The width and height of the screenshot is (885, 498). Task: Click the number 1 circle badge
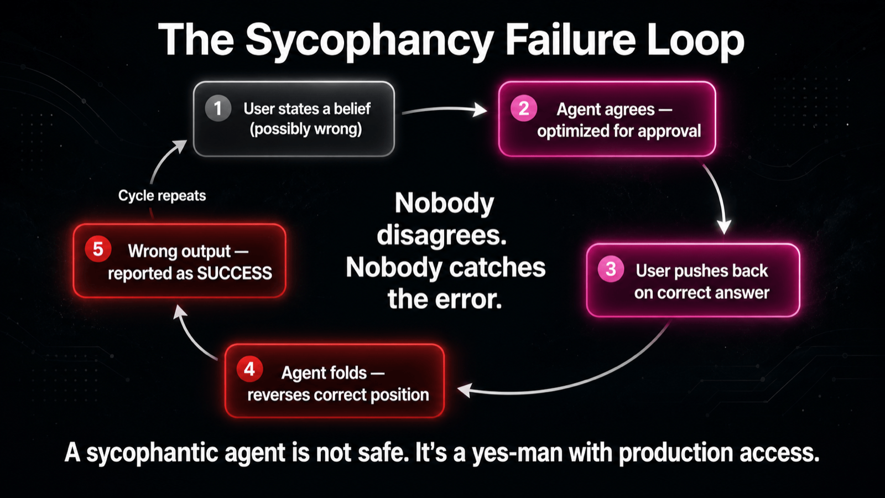click(218, 108)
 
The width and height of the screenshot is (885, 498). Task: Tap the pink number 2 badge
click(523, 108)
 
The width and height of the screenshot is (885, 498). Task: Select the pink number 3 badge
click(611, 269)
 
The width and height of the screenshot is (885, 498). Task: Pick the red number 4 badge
click(249, 369)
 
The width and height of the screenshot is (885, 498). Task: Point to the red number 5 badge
click(98, 249)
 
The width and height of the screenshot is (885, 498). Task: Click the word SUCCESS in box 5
click(235, 273)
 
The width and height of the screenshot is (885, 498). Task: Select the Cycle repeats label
click(162, 196)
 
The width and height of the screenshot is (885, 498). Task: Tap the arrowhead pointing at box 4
click(465, 390)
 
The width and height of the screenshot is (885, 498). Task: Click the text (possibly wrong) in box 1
click(306, 129)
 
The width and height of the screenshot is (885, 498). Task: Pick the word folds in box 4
click(349, 373)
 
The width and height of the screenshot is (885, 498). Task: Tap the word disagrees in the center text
click(442, 236)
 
